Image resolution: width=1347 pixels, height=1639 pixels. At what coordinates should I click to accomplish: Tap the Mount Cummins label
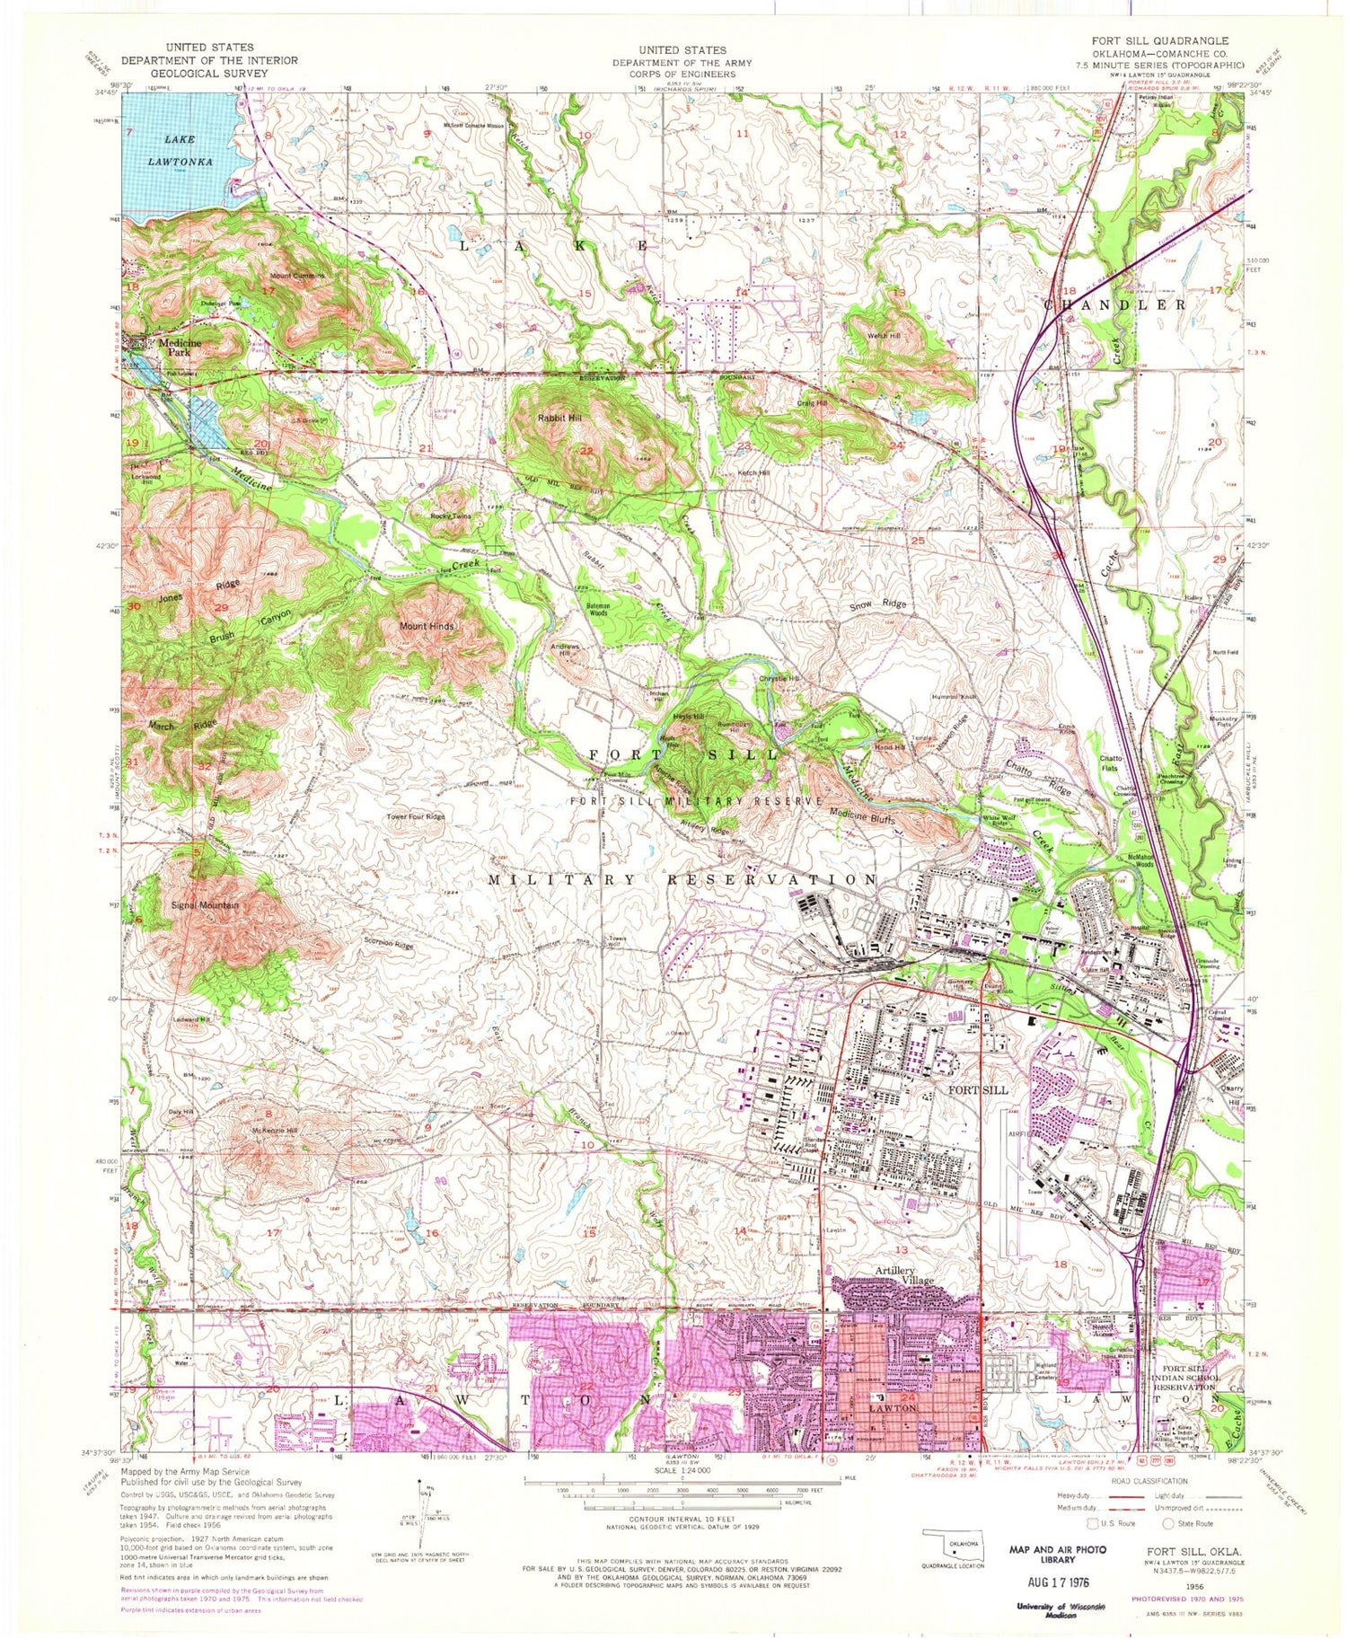296,275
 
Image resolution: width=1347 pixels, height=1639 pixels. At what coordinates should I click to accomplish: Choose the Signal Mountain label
205,905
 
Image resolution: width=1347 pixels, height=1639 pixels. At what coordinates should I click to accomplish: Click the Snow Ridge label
878,604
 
